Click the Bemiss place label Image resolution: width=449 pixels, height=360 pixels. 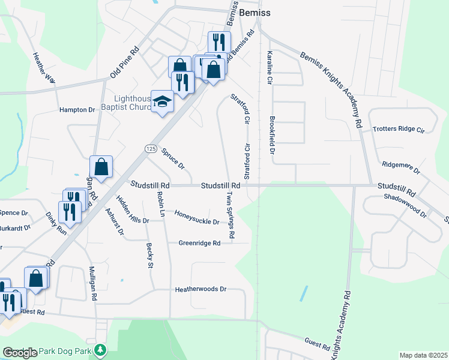(255, 12)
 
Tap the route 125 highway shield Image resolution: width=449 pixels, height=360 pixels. (150, 148)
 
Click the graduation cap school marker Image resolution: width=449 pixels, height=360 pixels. (162, 101)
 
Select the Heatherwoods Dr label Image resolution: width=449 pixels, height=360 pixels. (200, 289)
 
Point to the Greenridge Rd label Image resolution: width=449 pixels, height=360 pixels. (199, 243)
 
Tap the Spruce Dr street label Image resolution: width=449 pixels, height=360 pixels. (173, 158)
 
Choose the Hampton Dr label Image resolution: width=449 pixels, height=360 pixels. (77, 110)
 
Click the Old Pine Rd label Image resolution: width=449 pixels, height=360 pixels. (124, 62)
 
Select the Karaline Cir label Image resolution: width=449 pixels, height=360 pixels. (270, 67)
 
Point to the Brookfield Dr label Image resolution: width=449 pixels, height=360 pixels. (272, 135)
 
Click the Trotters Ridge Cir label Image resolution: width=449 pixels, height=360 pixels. (398, 129)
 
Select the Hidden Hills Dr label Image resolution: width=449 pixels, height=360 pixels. (132, 209)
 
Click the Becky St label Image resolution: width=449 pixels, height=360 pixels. (151, 256)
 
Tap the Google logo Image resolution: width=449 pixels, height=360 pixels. (19, 353)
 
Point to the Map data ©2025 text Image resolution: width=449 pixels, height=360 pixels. (423, 355)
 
